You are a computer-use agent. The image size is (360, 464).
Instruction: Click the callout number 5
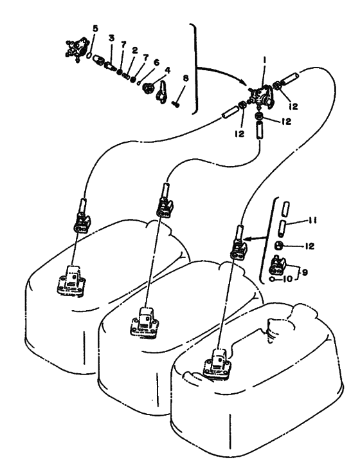pos(95,29)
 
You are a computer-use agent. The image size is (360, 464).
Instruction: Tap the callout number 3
pos(111,38)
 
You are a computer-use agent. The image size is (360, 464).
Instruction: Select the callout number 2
pos(135,50)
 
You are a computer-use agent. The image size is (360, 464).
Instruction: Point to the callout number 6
pos(156,62)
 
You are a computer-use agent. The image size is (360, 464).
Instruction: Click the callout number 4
pos(168,70)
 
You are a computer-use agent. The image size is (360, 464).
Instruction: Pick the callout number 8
pos(185,79)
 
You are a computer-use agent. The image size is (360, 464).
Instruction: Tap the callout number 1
pos(264,60)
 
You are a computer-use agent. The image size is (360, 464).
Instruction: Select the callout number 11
pos(312,220)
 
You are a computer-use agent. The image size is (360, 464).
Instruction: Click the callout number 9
pos(305,272)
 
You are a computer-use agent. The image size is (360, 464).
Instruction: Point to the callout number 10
pos(288,279)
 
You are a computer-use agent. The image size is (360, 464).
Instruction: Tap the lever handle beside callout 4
pos(162,92)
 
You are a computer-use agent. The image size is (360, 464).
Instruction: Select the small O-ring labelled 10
pos(272,279)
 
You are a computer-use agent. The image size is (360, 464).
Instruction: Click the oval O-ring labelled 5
pos(89,55)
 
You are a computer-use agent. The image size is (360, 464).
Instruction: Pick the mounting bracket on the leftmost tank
pos(71,280)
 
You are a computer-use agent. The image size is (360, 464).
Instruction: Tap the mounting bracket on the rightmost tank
pos(217,364)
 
